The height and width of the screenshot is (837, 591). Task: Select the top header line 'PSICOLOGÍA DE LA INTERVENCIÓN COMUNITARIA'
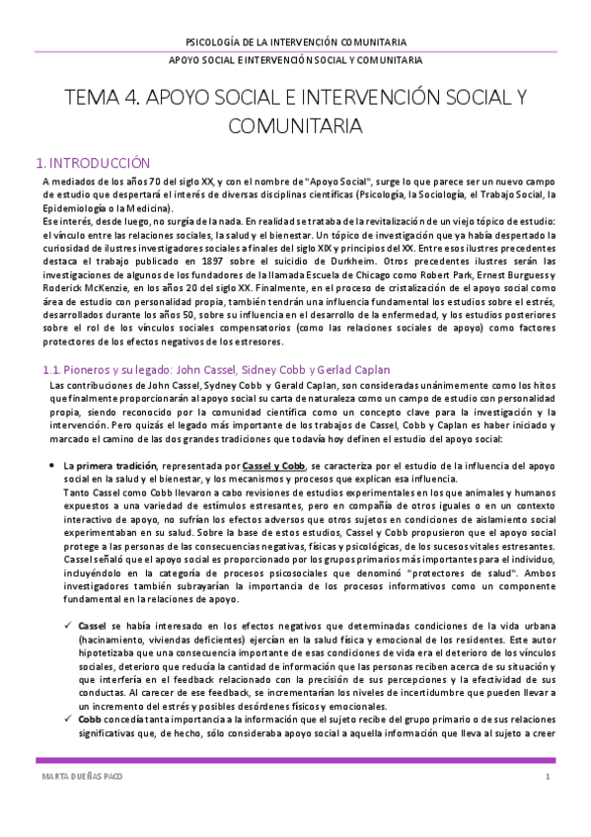coord(295,42)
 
